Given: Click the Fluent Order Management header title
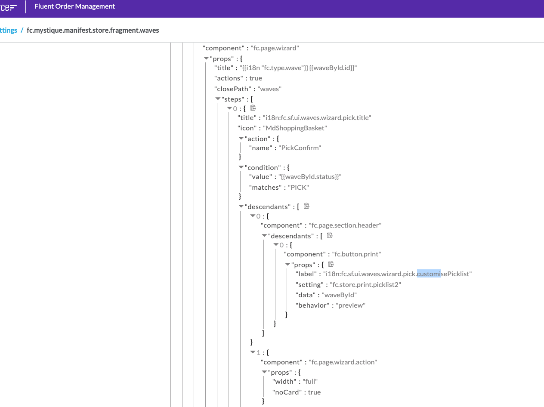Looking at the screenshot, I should [x=74, y=6].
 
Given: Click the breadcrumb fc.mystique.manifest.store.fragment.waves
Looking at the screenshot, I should [x=93, y=30].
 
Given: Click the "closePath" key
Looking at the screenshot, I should [x=232, y=89].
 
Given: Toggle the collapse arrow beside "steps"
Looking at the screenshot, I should [x=218, y=99].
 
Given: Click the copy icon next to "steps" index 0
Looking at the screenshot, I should [x=253, y=108].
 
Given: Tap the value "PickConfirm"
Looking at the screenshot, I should [x=300, y=148].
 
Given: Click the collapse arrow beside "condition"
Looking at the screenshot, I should [x=241, y=167].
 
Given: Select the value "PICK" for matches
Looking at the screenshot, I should [x=298, y=187].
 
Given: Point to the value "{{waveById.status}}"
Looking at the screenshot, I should [x=310, y=176].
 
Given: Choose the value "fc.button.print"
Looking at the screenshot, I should [x=356, y=254].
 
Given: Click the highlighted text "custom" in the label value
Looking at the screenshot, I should [x=429, y=274].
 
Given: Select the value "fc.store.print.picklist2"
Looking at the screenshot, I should [x=365, y=284].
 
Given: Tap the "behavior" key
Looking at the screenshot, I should [x=312, y=305].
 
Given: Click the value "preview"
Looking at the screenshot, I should [x=350, y=305].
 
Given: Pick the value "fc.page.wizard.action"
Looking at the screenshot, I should [x=343, y=362].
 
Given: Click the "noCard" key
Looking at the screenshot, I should [x=287, y=392].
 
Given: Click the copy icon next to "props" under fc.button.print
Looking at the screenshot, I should [x=331, y=264].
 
